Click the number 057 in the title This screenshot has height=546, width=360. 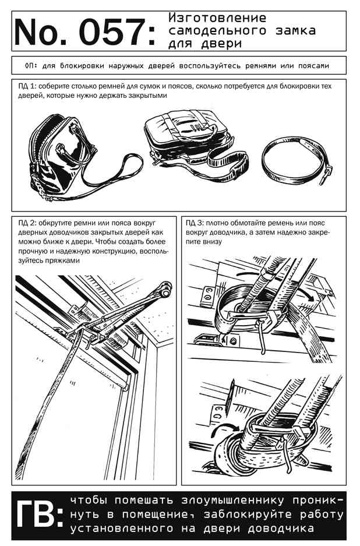[x=112, y=31]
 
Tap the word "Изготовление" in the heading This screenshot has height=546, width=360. [x=218, y=17]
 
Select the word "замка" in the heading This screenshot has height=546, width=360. [x=295, y=31]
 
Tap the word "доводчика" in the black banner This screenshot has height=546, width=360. [x=281, y=529]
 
